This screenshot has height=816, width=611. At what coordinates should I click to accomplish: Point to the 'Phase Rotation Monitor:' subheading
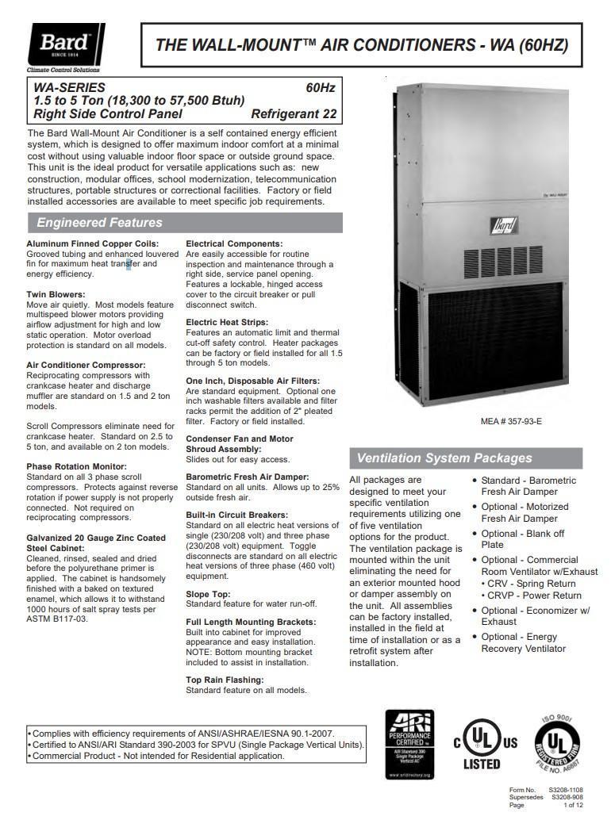(x=76, y=466)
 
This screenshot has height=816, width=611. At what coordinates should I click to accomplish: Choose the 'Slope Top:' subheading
(x=209, y=594)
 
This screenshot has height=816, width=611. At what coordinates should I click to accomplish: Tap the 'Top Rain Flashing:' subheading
(x=225, y=680)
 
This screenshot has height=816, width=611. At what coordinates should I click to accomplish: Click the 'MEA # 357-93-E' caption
(x=511, y=421)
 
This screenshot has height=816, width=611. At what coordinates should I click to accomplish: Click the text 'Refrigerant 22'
(x=294, y=113)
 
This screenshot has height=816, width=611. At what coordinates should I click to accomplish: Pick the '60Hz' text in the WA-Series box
(x=321, y=87)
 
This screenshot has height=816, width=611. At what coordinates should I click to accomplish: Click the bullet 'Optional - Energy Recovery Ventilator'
(x=523, y=642)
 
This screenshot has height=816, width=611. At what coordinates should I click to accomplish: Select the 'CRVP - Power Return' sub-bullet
(x=533, y=596)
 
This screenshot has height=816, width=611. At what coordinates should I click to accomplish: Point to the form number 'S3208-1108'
(x=565, y=791)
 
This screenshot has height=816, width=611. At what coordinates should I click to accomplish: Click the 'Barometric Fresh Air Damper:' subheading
(x=247, y=477)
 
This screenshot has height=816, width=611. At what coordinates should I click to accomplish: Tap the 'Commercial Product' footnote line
(x=158, y=756)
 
